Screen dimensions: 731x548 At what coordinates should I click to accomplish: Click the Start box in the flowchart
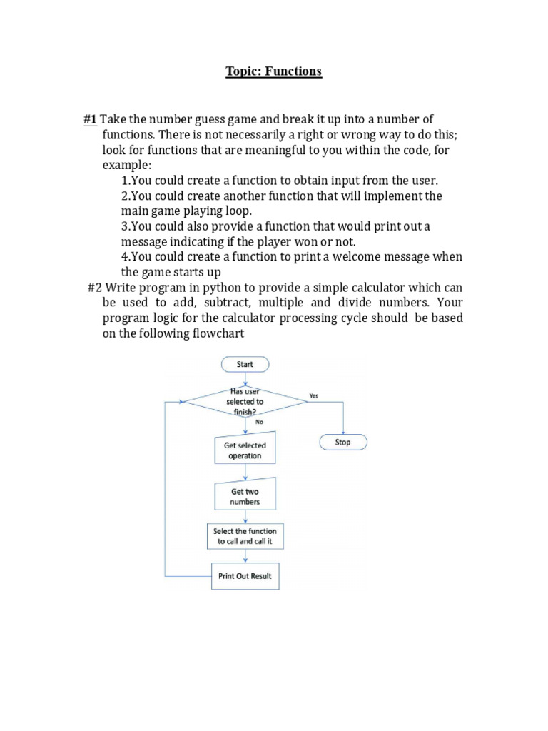[245, 364]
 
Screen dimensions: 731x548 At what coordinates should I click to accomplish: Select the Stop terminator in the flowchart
[343, 443]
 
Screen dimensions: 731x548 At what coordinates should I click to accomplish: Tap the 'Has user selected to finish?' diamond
[245, 402]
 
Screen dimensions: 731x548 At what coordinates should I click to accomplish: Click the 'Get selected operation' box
[245, 450]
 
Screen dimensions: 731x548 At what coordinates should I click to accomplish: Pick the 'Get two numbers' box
[245, 497]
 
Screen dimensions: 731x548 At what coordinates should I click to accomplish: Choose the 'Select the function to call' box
[245, 537]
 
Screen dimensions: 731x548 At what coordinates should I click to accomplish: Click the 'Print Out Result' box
[245, 576]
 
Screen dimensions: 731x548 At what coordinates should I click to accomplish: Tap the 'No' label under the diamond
[259, 422]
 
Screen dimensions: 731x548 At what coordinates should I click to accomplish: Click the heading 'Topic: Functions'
[274, 71]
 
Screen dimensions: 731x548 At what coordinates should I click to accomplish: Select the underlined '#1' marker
[89, 119]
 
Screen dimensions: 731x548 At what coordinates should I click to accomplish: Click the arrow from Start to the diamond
[245, 379]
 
